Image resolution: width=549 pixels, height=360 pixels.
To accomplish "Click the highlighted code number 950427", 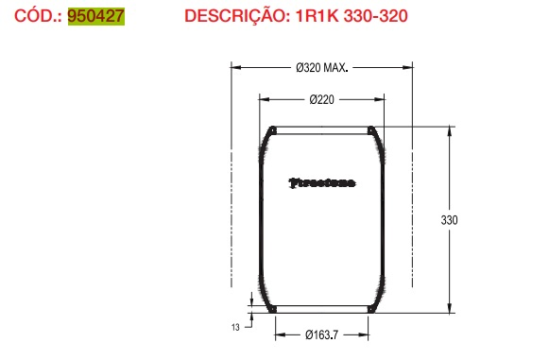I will [x=96, y=17].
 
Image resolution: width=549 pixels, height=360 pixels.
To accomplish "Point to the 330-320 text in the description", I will [x=373, y=17].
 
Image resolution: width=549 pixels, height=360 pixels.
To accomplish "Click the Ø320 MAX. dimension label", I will [x=322, y=68].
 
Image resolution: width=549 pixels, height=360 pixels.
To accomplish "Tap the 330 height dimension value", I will [x=449, y=220].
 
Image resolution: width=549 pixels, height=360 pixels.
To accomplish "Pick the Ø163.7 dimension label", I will [x=323, y=334].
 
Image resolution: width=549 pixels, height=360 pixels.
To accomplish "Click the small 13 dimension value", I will [x=234, y=327].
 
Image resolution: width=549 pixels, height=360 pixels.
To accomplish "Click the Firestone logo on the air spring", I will [x=322, y=183].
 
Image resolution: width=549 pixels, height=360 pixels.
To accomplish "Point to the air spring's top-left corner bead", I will [x=272, y=130].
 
